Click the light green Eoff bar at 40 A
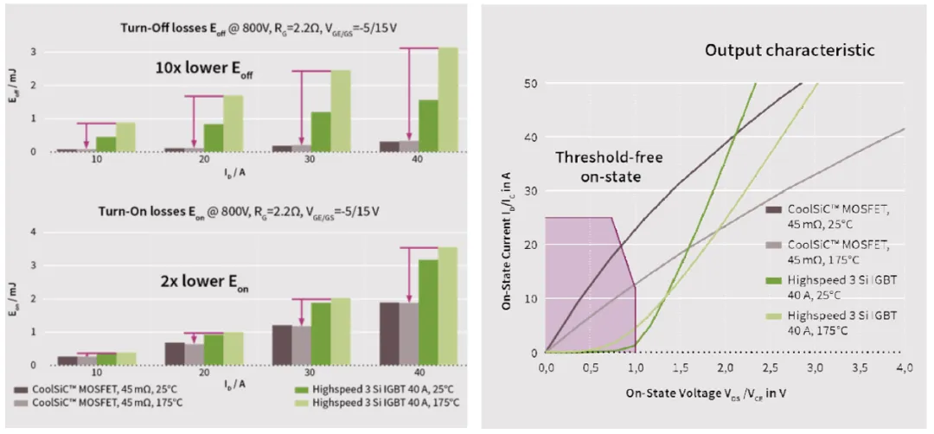point(448,99)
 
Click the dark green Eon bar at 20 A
point(213,349)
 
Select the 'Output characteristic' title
point(790,49)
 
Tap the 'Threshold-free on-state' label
point(603,165)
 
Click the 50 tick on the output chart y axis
point(530,83)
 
